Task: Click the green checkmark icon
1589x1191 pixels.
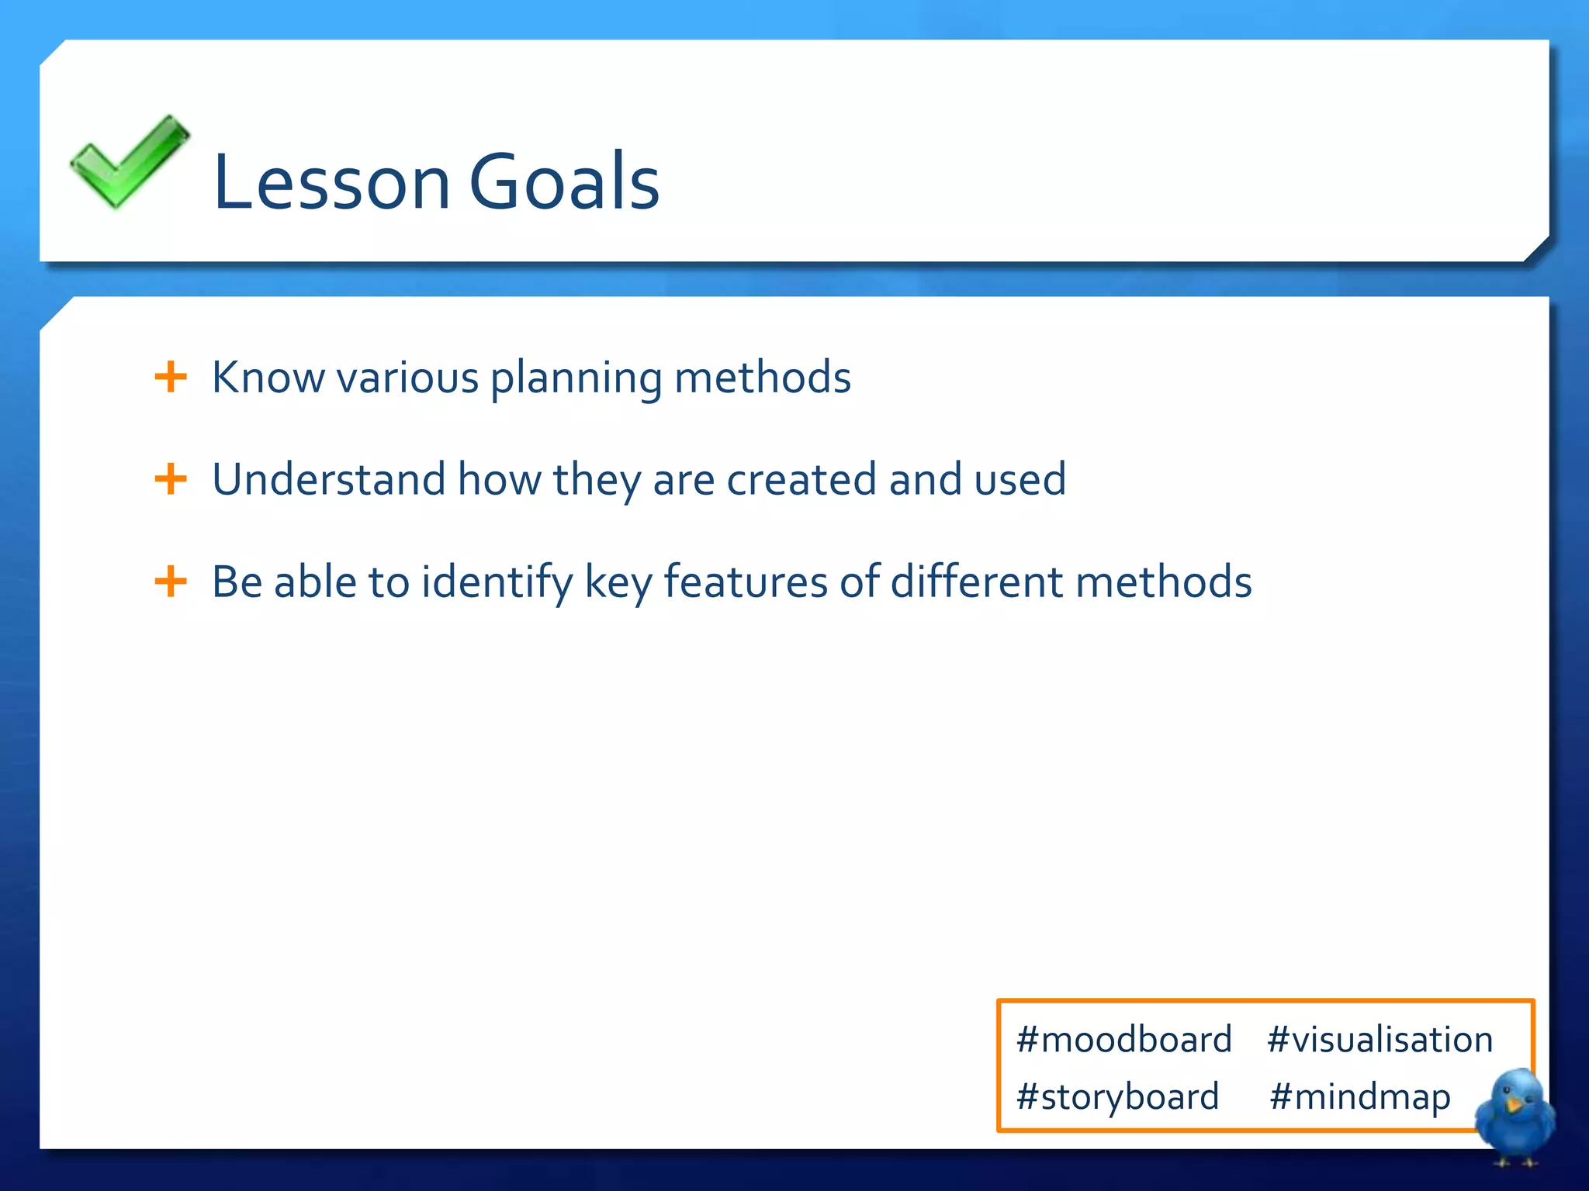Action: pyautogui.click(x=128, y=161)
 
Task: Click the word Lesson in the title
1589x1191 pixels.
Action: pyautogui.click(x=331, y=182)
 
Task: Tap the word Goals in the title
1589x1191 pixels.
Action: pyautogui.click(x=564, y=182)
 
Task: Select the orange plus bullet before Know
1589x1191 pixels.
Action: pyautogui.click(x=171, y=378)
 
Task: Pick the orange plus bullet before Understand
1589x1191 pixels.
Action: pyautogui.click(x=171, y=479)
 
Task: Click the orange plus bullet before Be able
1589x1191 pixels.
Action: pyautogui.click(x=171, y=582)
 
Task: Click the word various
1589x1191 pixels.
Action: pyautogui.click(x=407, y=378)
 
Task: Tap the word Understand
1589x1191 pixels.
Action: pyautogui.click(x=328, y=479)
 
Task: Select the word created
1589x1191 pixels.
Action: pyautogui.click(x=801, y=480)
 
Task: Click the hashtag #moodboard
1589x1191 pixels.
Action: pyautogui.click(x=1123, y=1040)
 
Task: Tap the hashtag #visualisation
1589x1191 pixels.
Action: pyautogui.click(x=1380, y=1040)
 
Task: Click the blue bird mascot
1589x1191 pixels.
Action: pyautogui.click(x=1515, y=1115)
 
